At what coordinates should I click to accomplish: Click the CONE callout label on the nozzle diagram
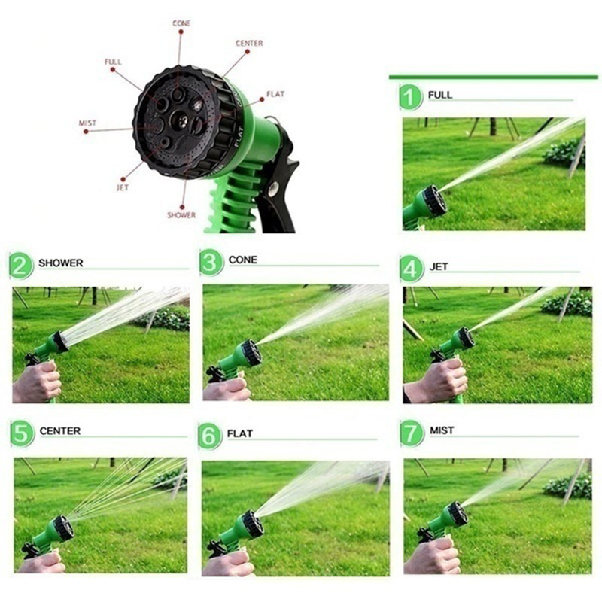(x=181, y=23)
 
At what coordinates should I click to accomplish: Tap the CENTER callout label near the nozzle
(x=249, y=44)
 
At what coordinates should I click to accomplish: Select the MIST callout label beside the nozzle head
(x=87, y=123)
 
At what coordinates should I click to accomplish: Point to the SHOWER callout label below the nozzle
(x=181, y=215)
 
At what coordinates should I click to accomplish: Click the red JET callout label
(x=123, y=187)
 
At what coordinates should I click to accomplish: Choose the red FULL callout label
(x=113, y=62)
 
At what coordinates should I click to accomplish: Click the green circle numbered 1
(x=411, y=98)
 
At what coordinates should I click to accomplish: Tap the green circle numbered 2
(x=21, y=266)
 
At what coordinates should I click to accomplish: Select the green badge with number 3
(x=211, y=262)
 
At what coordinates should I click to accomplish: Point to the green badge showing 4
(x=411, y=269)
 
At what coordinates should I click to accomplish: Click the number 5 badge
(x=22, y=434)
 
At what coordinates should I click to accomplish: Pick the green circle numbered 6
(x=210, y=436)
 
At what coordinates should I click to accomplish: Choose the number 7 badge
(x=412, y=433)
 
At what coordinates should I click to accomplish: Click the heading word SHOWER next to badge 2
(x=61, y=263)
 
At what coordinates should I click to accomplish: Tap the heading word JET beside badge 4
(x=439, y=266)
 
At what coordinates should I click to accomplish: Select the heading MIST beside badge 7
(x=442, y=430)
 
